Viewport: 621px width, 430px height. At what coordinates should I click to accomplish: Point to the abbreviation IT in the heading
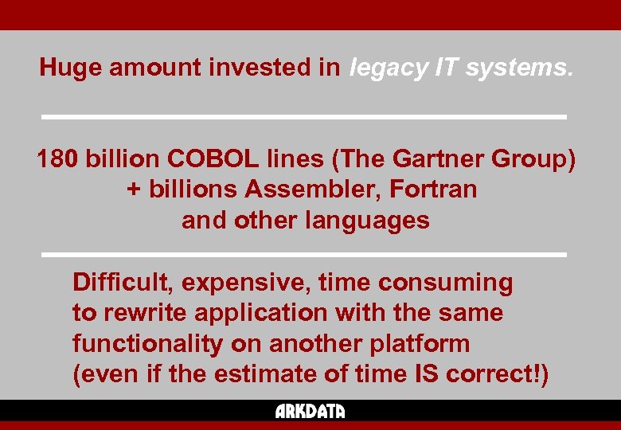(445, 68)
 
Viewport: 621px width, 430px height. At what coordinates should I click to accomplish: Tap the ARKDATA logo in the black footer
(310, 412)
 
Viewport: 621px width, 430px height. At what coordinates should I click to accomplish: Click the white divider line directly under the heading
(303, 117)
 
